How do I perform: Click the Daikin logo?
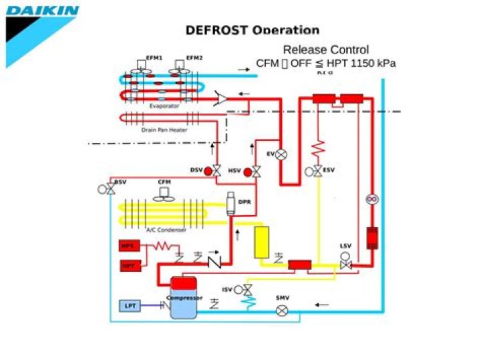[41, 11]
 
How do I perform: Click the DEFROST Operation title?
[252, 30]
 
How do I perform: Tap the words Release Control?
[325, 49]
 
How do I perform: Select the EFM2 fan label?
[194, 58]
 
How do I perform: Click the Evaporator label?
[164, 106]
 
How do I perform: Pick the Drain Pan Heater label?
[164, 130]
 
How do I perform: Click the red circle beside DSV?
[208, 172]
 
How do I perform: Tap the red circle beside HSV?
[247, 172]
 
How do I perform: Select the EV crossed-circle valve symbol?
[282, 154]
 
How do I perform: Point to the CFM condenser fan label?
[164, 182]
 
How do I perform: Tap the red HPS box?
[128, 246]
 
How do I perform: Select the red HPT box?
[128, 266]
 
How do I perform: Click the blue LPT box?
[130, 306]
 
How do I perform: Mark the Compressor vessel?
[184, 297]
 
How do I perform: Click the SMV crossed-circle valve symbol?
[282, 311]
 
